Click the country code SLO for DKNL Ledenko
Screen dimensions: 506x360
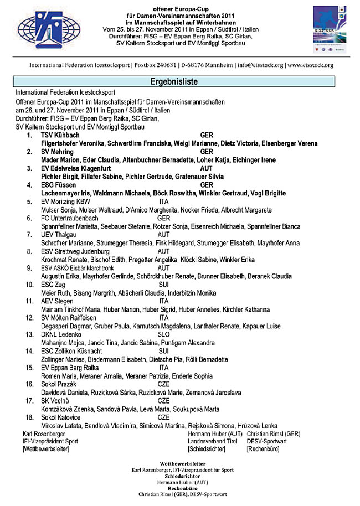[x=164, y=334]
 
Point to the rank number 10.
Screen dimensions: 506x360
[x=30, y=285]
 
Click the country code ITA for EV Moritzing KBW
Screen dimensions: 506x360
[x=163, y=202]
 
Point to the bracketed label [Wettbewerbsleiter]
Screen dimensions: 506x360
[x=46, y=450]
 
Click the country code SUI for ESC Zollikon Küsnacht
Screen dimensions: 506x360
[x=164, y=351]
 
